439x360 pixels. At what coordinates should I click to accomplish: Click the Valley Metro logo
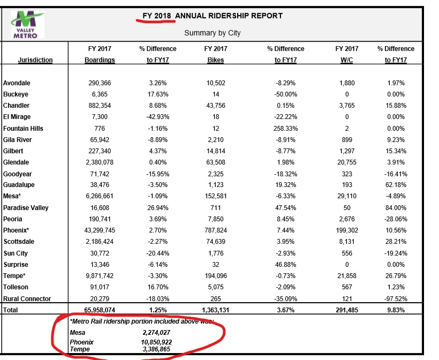point(27,24)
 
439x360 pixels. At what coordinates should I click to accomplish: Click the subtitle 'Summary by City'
point(212,33)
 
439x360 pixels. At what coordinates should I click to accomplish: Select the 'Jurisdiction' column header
point(35,60)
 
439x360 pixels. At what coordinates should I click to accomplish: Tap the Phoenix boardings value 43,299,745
point(100,230)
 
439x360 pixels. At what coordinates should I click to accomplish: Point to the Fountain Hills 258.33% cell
point(285,129)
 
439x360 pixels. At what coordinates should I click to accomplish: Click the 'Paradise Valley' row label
point(26,208)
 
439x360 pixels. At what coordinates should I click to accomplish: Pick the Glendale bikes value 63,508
point(216,162)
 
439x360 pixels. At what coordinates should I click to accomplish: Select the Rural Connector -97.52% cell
point(396,298)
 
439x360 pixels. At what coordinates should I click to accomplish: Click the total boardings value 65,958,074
point(100,310)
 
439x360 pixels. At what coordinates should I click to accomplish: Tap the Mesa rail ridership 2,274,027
point(156,333)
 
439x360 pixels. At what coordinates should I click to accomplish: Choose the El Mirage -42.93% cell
point(157,117)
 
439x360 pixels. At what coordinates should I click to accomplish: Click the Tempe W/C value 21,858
point(346,276)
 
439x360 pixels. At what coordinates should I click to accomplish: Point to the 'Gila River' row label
point(17,140)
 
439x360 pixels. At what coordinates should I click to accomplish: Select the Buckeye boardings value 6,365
point(100,94)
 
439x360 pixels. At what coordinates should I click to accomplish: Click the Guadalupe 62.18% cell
point(396,185)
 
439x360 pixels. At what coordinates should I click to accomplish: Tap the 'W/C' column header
point(346,60)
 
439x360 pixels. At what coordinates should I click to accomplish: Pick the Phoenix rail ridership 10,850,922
point(156,342)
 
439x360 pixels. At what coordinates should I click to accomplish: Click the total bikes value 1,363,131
point(216,310)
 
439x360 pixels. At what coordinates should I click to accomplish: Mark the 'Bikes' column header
point(216,60)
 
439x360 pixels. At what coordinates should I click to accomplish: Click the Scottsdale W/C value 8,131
point(346,242)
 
